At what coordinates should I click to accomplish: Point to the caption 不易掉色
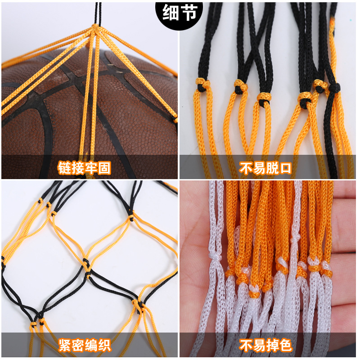265,346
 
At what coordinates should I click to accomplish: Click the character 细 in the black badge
172,13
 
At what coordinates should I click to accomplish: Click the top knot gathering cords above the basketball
95,28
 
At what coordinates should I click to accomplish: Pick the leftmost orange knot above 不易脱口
202,84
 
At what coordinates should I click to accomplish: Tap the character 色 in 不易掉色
285,346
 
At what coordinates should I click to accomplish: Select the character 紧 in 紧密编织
65,346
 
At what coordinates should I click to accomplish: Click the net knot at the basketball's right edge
175,119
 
